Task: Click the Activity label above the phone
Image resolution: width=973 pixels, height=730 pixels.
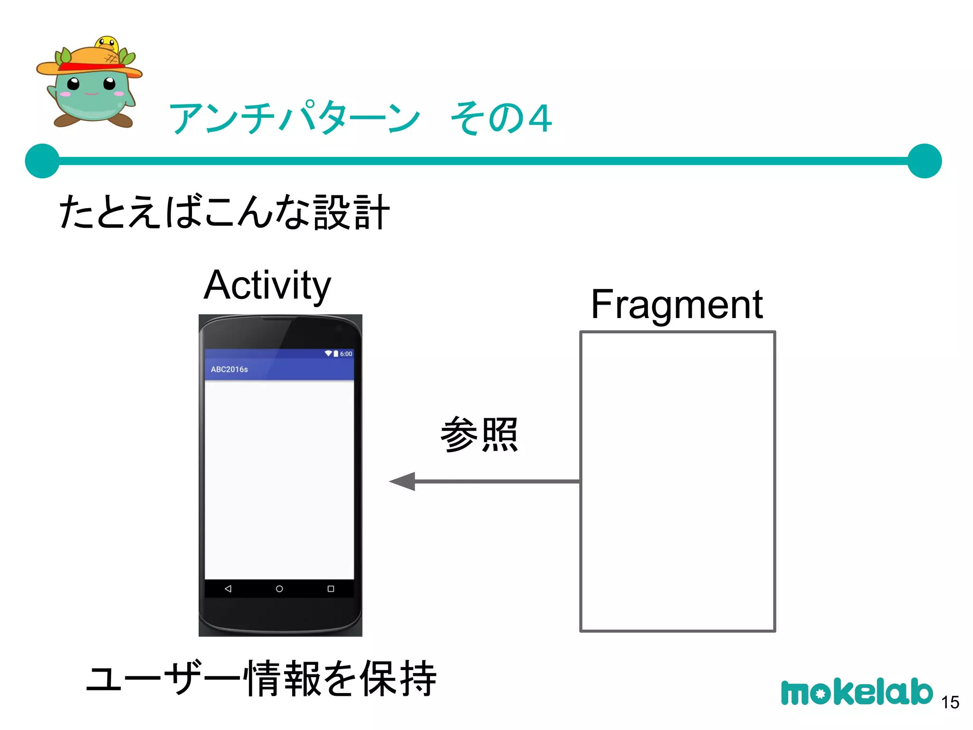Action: point(267,285)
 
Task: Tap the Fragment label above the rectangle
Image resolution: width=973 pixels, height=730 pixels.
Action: point(677,305)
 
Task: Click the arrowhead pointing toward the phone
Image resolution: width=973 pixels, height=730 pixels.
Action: point(403,481)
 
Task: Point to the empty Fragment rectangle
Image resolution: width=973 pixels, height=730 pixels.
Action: point(677,481)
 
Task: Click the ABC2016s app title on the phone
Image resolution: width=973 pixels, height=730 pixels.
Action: point(229,369)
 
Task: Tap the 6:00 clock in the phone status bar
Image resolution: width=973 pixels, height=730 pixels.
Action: point(346,354)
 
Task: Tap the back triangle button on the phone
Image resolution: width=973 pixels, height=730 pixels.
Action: point(228,589)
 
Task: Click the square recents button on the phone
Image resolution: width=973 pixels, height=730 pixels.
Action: point(331,589)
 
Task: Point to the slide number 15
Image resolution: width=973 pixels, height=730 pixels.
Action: point(950,702)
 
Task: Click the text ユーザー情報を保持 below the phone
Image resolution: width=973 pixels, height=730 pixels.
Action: point(261,678)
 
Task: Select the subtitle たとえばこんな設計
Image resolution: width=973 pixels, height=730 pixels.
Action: point(224,212)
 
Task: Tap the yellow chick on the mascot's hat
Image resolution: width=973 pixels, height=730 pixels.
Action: point(107,44)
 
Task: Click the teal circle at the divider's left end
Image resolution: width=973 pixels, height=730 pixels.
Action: point(42,161)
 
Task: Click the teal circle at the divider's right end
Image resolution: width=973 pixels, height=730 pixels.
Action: point(925,161)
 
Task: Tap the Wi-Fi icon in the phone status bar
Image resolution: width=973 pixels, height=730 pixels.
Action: point(328,354)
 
